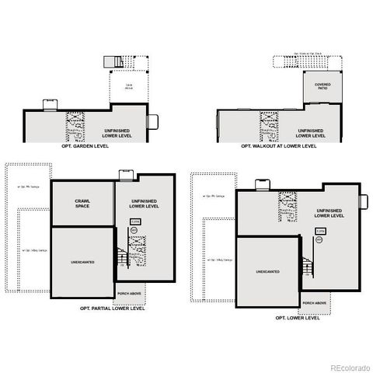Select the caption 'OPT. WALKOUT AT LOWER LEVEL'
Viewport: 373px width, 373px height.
278,145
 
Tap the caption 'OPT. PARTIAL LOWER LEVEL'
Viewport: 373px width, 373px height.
113,308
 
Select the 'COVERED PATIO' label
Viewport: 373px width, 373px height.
322,86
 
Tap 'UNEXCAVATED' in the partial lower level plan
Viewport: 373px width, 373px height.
82,263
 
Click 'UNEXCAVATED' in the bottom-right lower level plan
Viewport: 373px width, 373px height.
267,271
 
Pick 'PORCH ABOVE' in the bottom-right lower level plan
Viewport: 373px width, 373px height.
315,302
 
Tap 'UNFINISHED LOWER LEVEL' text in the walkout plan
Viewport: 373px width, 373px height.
310,133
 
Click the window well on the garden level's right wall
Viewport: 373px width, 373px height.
153,120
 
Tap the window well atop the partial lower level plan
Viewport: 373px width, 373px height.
126,175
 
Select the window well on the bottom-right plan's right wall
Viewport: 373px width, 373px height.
363,201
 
